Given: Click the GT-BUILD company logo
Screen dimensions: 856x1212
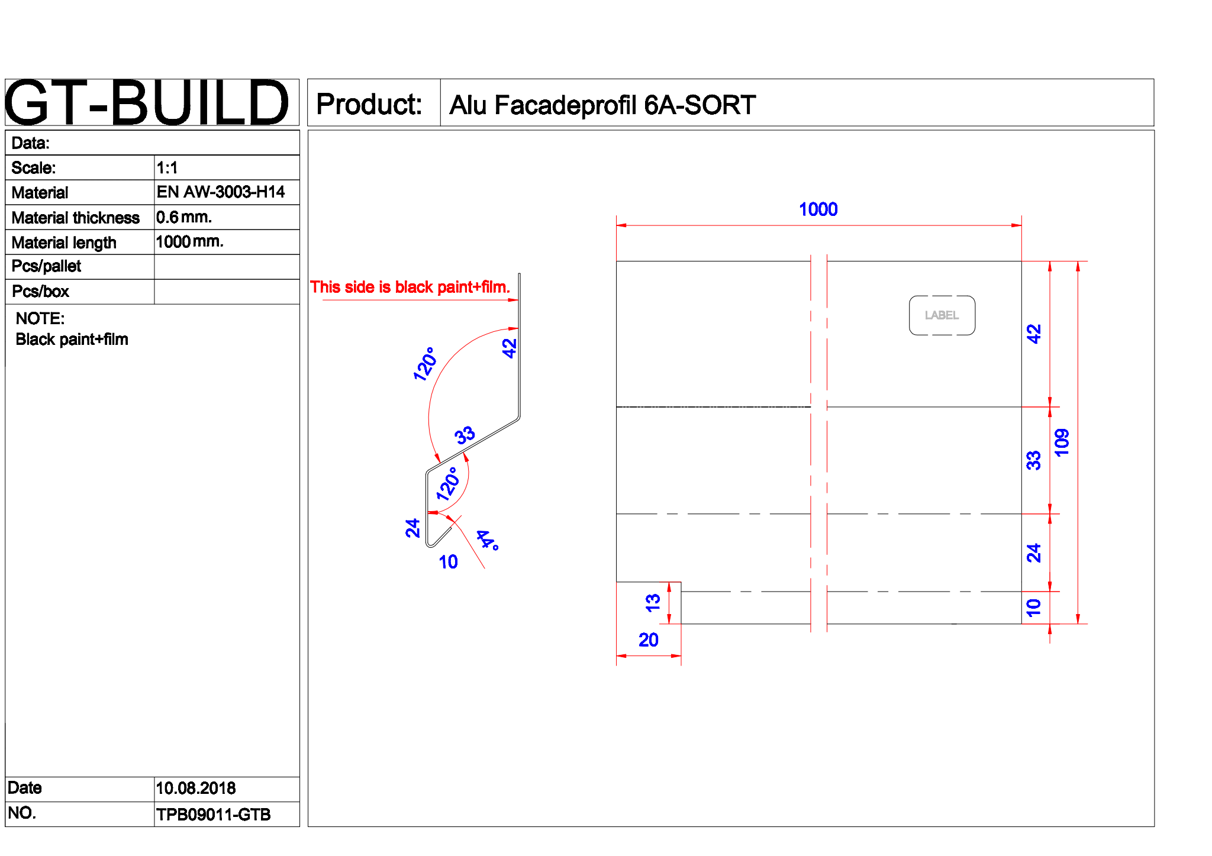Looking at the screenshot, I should click(147, 102).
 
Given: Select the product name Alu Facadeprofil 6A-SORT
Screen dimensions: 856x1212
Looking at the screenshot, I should click(602, 105).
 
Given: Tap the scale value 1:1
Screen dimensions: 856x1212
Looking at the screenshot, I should click(167, 168).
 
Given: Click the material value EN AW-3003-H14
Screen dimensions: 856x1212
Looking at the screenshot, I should click(220, 192).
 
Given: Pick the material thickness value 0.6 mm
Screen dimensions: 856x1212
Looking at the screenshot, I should click(183, 217).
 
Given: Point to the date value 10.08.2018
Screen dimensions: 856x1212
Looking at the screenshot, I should click(195, 788).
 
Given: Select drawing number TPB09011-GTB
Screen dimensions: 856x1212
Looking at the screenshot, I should click(213, 815).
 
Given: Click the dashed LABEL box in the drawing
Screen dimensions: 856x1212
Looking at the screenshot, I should click(942, 315).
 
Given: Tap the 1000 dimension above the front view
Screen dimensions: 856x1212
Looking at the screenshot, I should click(818, 209).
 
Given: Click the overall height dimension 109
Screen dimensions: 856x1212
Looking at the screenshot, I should click(1062, 442).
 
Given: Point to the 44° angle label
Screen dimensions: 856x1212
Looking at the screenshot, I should click(488, 540).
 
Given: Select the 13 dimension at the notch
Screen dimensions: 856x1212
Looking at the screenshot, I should click(653, 603).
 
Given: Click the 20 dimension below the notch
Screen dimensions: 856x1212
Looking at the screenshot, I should click(649, 639).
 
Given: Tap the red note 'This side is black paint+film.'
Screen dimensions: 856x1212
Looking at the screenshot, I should click(410, 288).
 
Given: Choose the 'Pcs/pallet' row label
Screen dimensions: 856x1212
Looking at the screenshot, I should click(46, 266).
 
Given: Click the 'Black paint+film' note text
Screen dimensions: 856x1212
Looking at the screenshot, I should click(72, 340).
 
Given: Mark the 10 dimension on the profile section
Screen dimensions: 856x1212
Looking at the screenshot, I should click(448, 561).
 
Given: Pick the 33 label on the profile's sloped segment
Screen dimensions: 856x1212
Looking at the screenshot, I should click(465, 435).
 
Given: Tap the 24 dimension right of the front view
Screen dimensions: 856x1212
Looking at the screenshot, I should click(1033, 553).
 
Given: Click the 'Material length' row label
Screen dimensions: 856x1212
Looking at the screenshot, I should click(64, 243).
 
